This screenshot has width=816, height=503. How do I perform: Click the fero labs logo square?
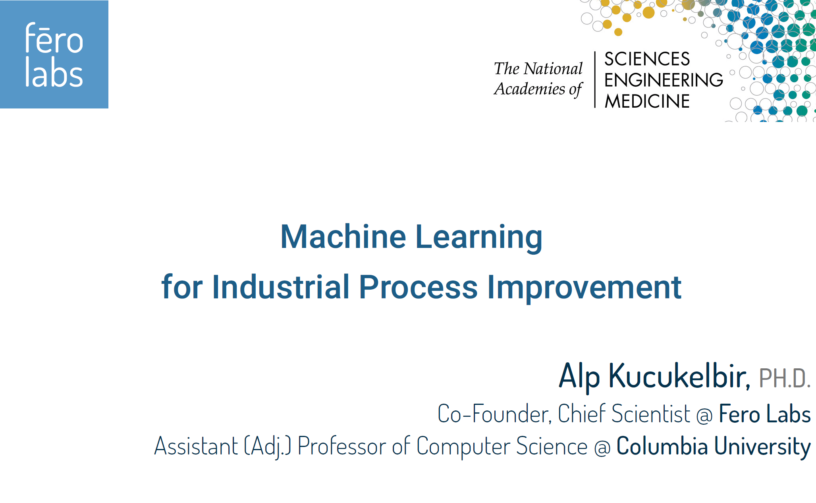54,54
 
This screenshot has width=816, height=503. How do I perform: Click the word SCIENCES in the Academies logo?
647,59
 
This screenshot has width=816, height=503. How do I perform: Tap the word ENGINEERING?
664,80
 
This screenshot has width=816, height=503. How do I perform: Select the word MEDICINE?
647,101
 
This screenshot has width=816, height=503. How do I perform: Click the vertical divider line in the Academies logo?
595,79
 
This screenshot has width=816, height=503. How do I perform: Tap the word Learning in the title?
479,238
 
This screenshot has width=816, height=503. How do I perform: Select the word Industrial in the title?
281,287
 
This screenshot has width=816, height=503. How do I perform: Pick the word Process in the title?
418,287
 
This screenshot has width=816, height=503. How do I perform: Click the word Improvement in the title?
584,287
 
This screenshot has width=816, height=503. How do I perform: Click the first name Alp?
579,376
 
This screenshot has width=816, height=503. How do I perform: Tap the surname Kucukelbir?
679,376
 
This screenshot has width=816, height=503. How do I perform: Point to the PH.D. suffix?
785,378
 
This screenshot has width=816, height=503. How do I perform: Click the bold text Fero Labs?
765,414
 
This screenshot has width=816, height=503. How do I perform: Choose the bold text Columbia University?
714,447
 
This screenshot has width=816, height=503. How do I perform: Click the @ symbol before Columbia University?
602,448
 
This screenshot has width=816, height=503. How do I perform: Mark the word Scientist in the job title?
651,414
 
